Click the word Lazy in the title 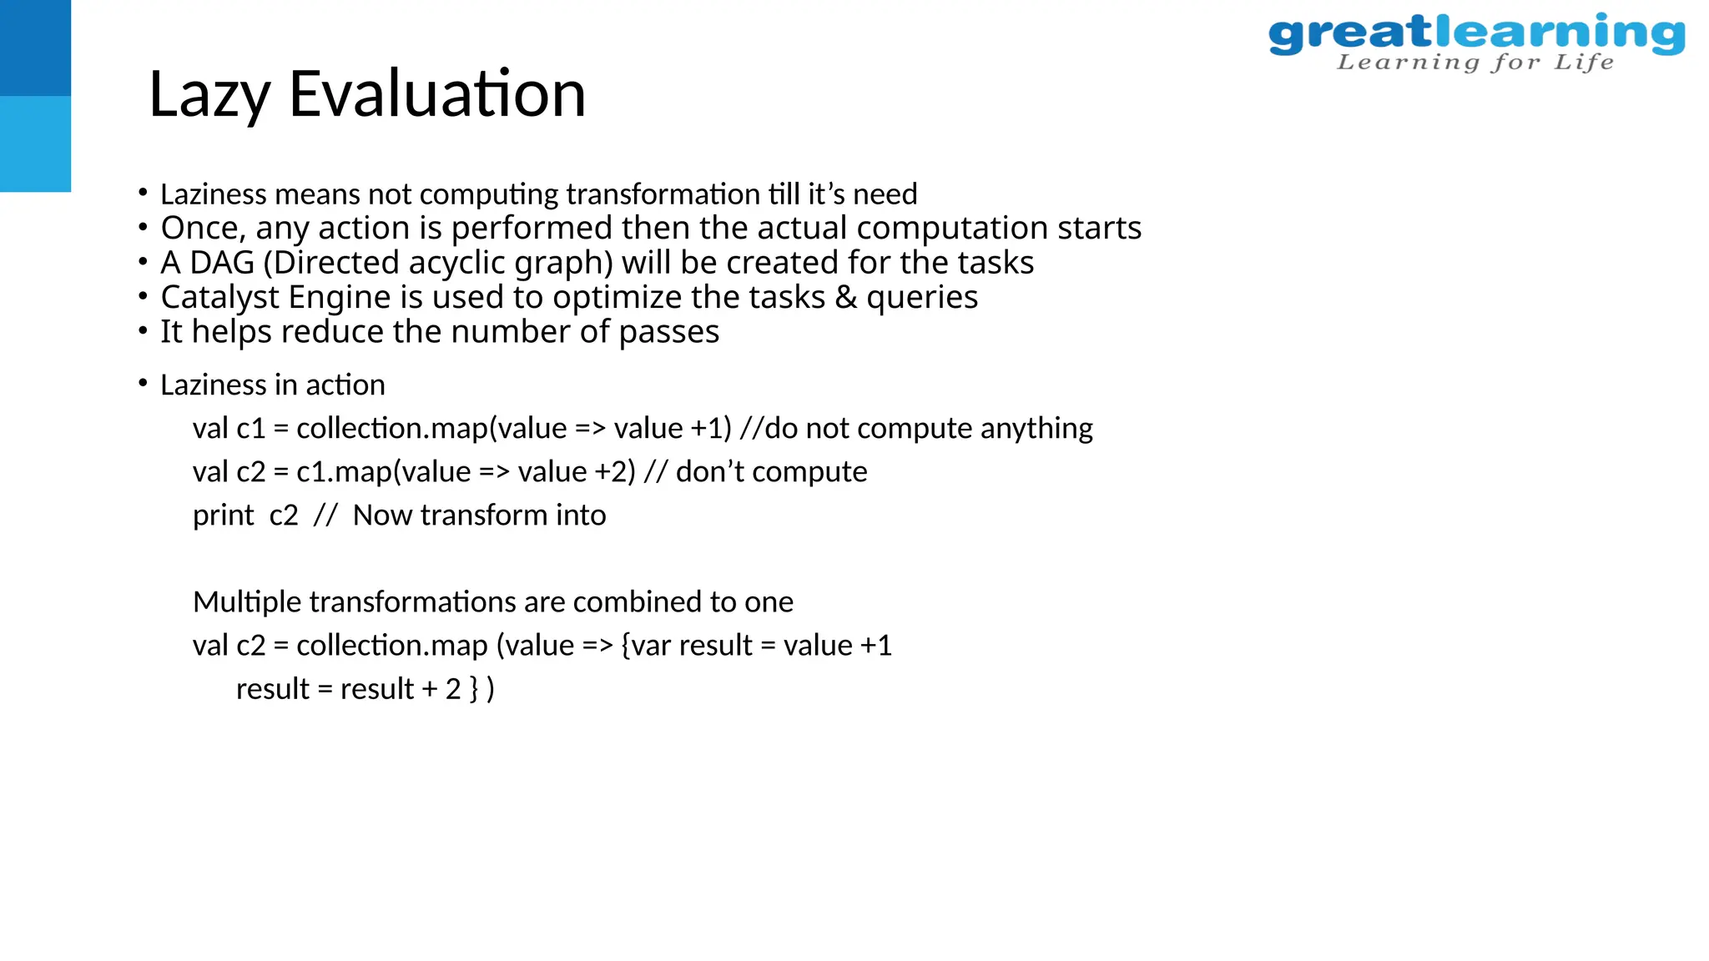[209, 94]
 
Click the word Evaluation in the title [437, 93]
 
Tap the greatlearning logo [1475, 34]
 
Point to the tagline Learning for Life [1475, 63]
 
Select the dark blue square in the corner [35, 48]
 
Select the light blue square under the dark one [35, 143]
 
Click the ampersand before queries [845, 297]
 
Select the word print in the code [223, 516]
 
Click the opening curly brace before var [626, 646]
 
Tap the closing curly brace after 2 [474, 689]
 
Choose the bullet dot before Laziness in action [143, 384]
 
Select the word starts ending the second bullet [1099, 228]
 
